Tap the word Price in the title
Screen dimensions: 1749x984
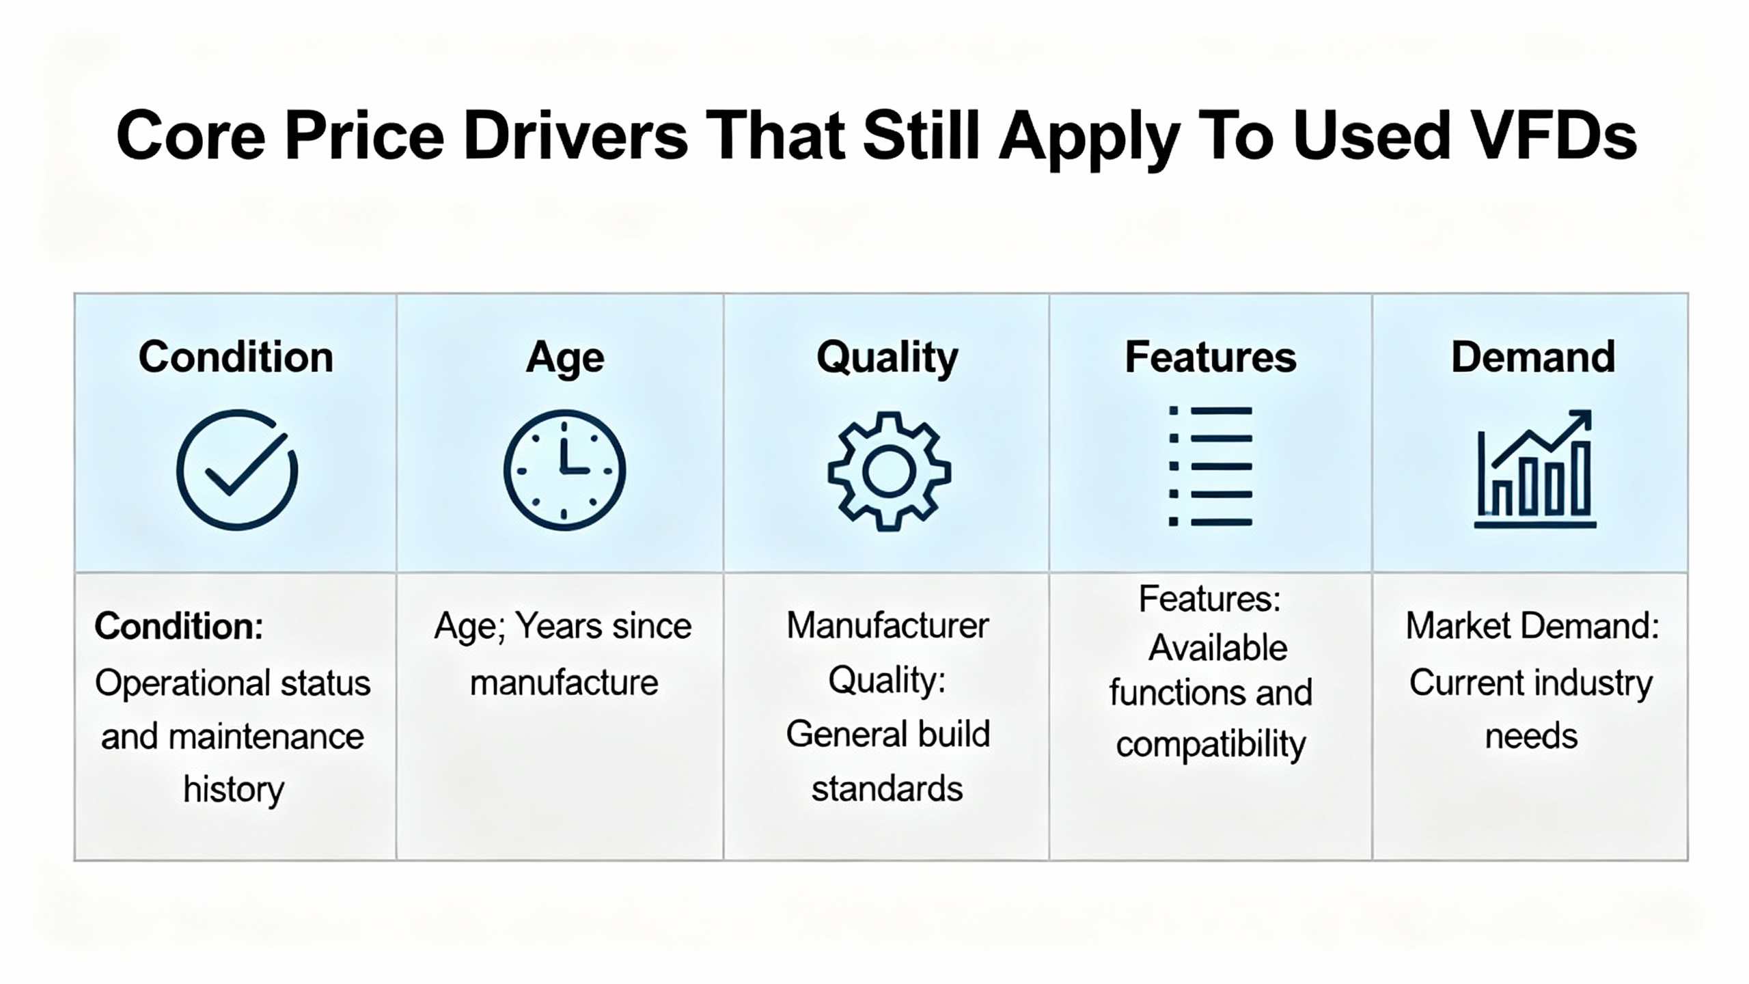pyautogui.click(x=365, y=136)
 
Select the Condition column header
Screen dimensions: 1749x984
pyautogui.click(x=236, y=357)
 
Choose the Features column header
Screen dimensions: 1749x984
pyautogui.click(x=1211, y=357)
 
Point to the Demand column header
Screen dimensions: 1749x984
pyautogui.click(x=1533, y=357)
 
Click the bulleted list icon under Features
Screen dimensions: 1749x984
pyautogui.click(x=1211, y=466)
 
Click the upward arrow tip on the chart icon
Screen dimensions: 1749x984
pyautogui.click(x=1590, y=412)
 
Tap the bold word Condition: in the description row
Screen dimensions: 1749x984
pyautogui.click(x=179, y=626)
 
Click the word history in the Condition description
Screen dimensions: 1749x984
pyautogui.click(x=234, y=790)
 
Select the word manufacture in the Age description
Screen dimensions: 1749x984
pyautogui.click(x=564, y=683)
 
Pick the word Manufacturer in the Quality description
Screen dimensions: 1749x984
pyautogui.click(x=887, y=626)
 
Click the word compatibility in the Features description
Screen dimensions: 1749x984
pyautogui.click(x=1211, y=745)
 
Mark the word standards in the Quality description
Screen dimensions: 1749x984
pyautogui.click(x=887, y=789)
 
